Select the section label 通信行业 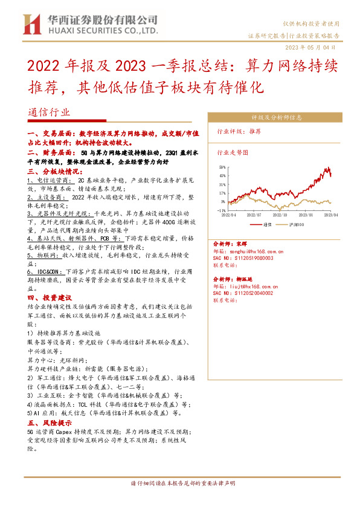tap(49, 112)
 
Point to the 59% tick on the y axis tap(222, 166)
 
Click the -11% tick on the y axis tap(222, 210)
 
